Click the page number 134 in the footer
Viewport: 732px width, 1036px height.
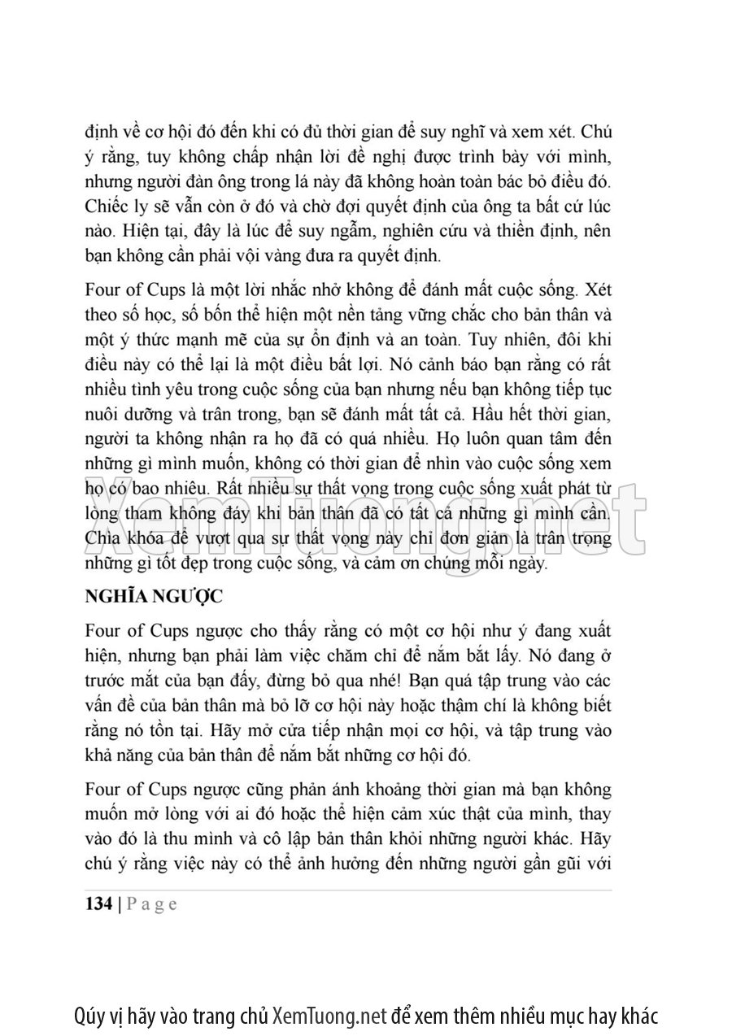click(x=99, y=904)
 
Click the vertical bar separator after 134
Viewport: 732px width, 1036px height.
click(x=120, y=904)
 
